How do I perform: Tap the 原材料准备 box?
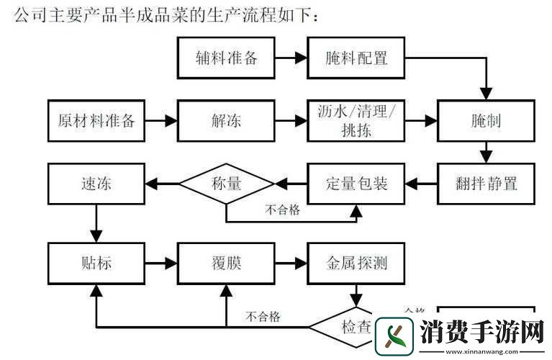point(96,120)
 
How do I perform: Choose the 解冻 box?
point(226,120)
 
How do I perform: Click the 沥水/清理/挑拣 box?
point(356,120)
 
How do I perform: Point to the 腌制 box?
point(487,120)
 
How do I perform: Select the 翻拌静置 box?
point(487,183)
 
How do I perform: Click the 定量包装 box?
point(356,183)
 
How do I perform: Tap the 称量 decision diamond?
point(227,183)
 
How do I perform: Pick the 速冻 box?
point(96,183)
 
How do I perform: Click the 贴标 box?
point(96,263)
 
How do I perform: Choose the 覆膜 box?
point(226,263)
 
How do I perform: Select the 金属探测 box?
point(356,263)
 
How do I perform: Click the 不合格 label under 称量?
point(282,210)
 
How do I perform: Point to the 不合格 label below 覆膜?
point(263,316)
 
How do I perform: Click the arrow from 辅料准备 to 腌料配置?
point(291,57)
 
